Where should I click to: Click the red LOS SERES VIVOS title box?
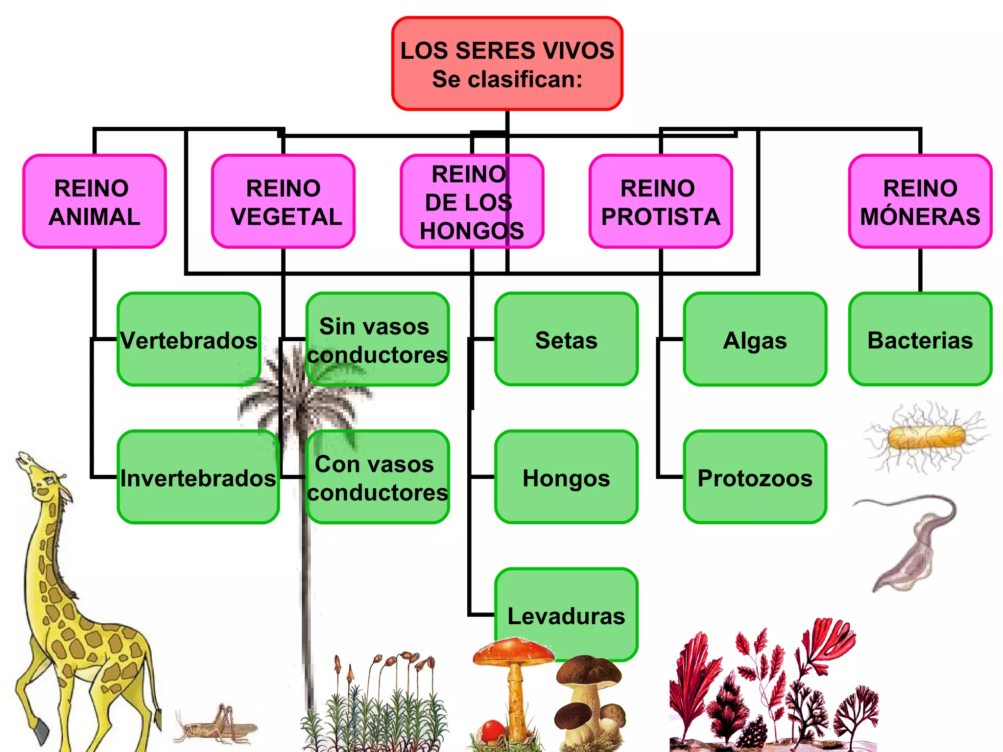507,64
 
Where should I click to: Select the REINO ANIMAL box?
95,202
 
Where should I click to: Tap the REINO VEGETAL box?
283,202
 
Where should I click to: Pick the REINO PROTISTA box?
661,202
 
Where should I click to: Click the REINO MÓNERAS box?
920,202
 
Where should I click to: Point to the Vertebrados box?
189,340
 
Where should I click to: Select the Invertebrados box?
198,477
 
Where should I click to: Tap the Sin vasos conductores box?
377,340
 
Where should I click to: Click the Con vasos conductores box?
377,477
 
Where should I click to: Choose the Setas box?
566,340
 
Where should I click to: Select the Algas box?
755,340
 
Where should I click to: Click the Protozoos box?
755,477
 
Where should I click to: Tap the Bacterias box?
920,340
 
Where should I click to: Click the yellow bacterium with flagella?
926,437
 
